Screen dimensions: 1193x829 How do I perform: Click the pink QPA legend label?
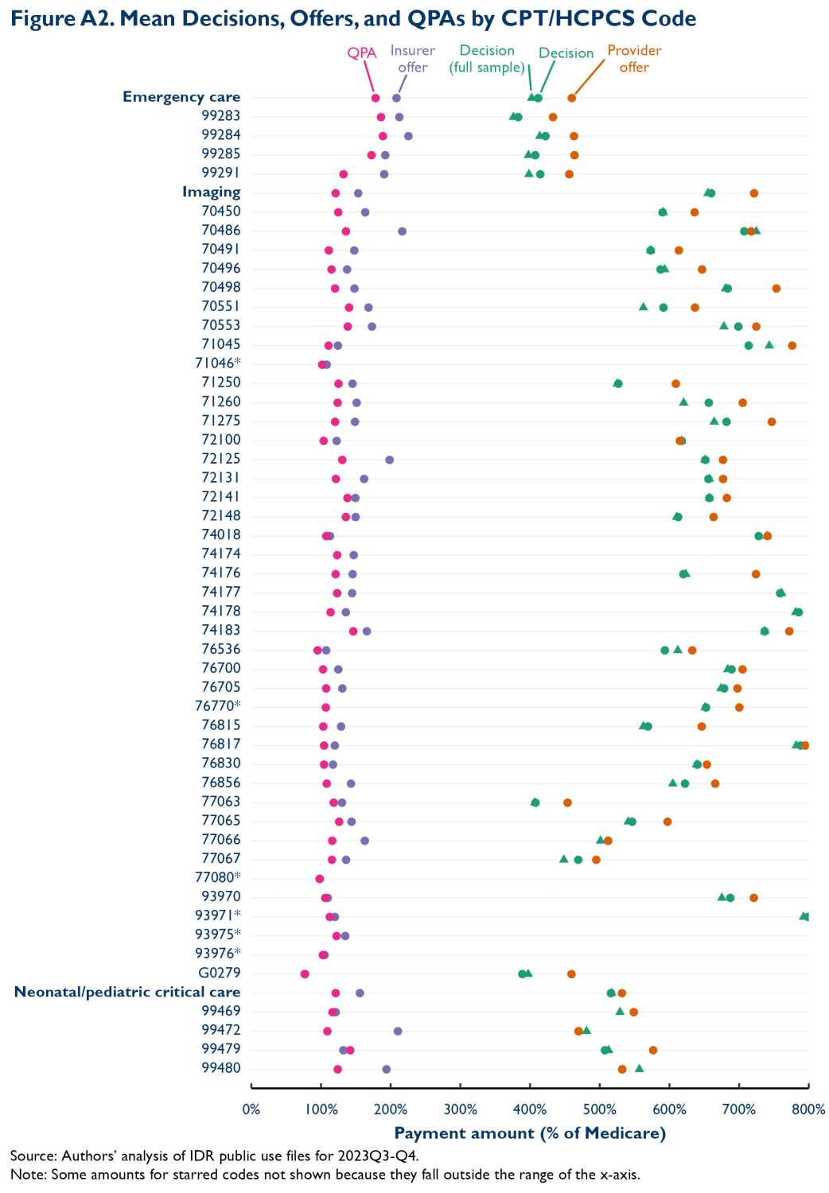[x=362, y=53]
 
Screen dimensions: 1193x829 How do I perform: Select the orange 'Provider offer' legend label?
[x=634, y=59]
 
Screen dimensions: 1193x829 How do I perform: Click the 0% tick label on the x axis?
[x=251, y=1109]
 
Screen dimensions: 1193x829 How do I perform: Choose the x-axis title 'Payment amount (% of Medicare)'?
[x=530, y=1133]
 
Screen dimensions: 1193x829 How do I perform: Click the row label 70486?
[x=220, y=231]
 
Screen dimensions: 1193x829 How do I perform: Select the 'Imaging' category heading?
[x=211, y=192]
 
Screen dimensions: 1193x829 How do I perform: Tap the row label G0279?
[x=219, y=973]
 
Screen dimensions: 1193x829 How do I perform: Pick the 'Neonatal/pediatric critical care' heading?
[x=127, y=992]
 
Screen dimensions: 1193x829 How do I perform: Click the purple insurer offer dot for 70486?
[x=402, y=231]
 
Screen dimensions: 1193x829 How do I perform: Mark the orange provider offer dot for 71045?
[x=792, y=345]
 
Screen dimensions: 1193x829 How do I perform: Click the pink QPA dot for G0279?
[x=305, y=973]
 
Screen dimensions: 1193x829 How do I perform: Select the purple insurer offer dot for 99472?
[x=398, y=1031]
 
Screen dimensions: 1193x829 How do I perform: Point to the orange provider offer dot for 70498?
[x=776, y=288]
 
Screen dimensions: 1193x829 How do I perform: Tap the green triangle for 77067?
[x=564, y=859]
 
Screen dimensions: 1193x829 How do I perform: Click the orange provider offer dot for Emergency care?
[x=571, y=98]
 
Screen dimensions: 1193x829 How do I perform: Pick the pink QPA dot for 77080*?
[x=320, y=879]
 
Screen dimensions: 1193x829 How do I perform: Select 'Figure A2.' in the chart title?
[x=53, y=18]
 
